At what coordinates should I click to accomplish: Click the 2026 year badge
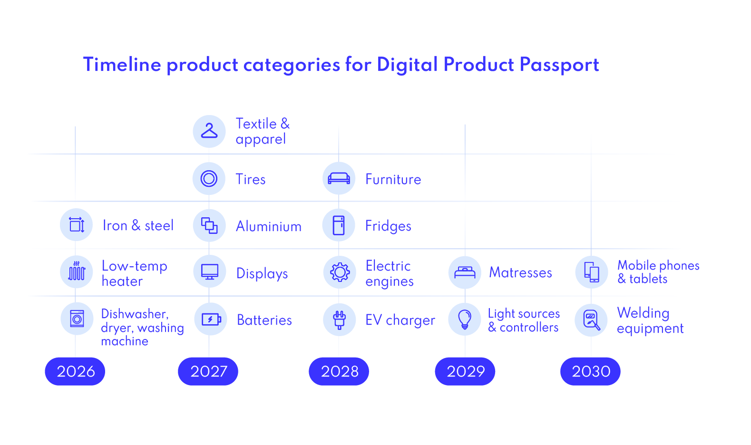click(x=75, y=371)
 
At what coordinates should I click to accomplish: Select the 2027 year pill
click(x=208, y=371)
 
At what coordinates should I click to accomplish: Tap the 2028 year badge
click(x=339, y=371)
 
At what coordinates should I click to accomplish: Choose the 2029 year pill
click(x=465, y=371)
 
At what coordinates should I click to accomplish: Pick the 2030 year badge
click(x=591, y=371)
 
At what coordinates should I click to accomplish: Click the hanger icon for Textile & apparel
click(x=209, y=131)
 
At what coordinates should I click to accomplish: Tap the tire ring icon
click(x=209, y=179)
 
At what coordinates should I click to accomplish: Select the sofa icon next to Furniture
click(x=339, y=179)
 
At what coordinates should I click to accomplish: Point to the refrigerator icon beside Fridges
click(x=339, y=225)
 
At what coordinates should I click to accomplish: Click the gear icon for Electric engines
click(x=340, y=272)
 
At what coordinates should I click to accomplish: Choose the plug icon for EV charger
click(x=339, y=320)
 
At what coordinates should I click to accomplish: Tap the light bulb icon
click(x=465, y=319)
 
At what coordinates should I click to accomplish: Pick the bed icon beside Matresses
click(x=465, y=272)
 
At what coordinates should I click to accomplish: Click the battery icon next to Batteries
click(x=211, y=319)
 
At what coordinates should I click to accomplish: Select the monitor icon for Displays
click(x=209, y=272)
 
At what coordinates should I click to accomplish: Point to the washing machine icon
click(x=77, y=319)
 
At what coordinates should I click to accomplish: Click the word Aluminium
click(x=269, y=226)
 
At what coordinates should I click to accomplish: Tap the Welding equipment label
click(x=650, y=320)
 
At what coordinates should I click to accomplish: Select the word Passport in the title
click(x=559, y=65)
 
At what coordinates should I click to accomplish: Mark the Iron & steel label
click(x=138, y=225)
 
